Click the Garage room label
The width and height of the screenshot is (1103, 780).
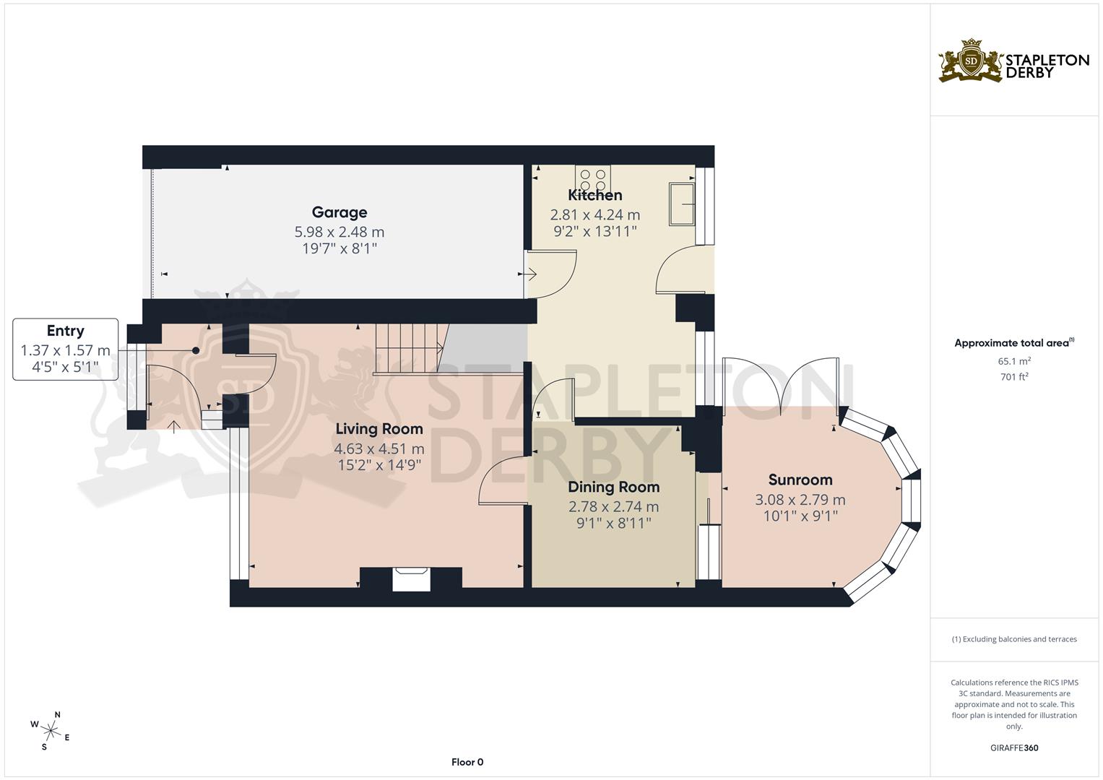click(x=339, y=212)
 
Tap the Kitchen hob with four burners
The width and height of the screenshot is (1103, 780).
click(x=593, y=178)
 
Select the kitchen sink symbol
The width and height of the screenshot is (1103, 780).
click(x=681, y=204)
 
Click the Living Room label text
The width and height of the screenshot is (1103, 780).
click(x=379, y=429)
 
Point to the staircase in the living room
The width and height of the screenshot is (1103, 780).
click(x=407, y=349)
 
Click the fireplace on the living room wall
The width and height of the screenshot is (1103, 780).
click(x=411, y=579)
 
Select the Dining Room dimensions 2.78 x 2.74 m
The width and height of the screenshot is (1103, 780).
click(x=613, y=507)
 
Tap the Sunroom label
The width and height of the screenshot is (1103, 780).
click(x=800, y=480)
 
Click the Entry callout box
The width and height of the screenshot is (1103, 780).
click(x=65, y=350)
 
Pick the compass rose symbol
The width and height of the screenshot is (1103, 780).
click(x=51, y=729)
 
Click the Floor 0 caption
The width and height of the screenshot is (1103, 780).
click(x=467, y=762)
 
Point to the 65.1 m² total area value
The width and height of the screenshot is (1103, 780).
click(x=1014, y=361)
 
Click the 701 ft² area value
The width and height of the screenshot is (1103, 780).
click(x=1014, y=376)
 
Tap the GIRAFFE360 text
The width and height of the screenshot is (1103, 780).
click(x=1013, y=747)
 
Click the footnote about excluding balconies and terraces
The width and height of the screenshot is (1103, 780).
click(x=1013, y=639)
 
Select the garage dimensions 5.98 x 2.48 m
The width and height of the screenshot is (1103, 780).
click(x=339, y=232)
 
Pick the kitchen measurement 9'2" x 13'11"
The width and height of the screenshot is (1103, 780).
click(x=594, y=231)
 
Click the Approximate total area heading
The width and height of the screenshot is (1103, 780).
click(x=1013, y=343)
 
